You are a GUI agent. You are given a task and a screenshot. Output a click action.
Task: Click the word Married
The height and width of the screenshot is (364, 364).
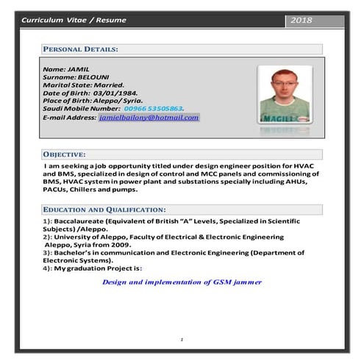pos(115,84)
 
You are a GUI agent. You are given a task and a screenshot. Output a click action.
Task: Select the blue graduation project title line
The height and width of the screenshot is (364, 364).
pos(182,282)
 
